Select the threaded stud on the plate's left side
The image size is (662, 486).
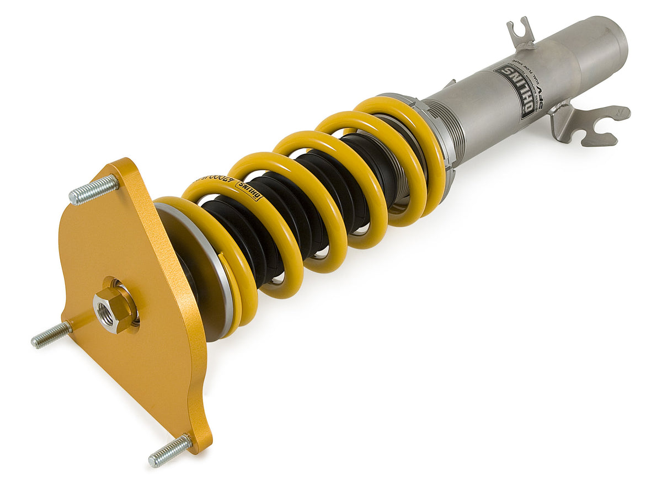[51, 335]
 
